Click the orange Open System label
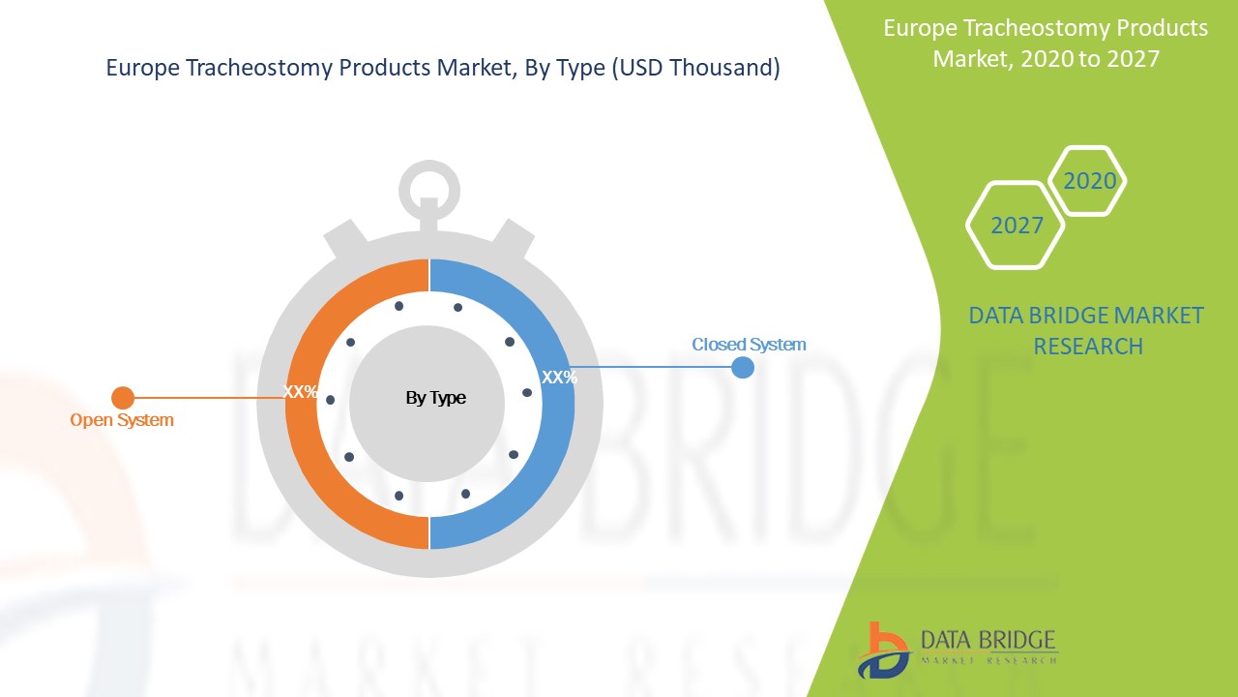coord(122,420)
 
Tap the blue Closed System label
coord(749,344)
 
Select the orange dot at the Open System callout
coord(123,398)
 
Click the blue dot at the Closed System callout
coord(743,367)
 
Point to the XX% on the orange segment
coord(300,392)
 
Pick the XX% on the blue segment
coord(559,378)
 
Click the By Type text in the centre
coord(435,398)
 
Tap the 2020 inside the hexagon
coord(1090,181)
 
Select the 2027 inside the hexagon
coord(1017,226)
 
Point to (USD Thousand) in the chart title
coord(695,68)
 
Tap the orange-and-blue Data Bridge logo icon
coord(883,651)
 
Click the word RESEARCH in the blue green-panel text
coord(1088,347)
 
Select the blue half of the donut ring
coord(502,404)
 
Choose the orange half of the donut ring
coord(357,404)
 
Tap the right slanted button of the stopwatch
coord(513,239)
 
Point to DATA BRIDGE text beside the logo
coord(988,640)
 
